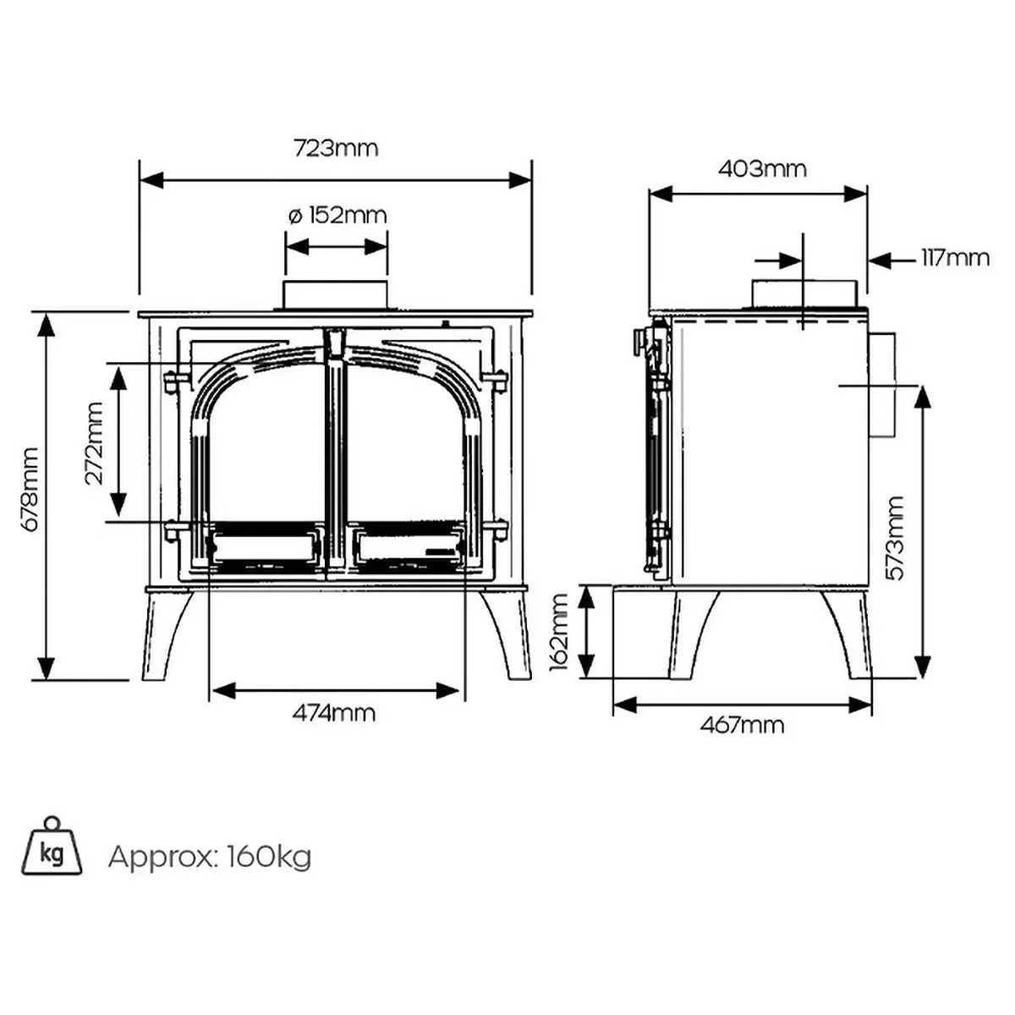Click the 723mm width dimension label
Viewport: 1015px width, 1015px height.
tap(336, 149)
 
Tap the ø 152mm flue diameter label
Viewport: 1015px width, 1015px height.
tap(337, 215)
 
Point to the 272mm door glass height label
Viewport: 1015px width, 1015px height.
tap(94, 442)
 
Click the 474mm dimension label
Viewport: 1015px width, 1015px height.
tap(334, 713)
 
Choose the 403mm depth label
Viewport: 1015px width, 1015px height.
tap(762, 169)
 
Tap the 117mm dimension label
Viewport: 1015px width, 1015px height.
tap(955, 257)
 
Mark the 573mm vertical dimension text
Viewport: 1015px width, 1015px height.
tap(896, 538)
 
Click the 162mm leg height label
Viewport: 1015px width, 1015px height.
tap(560, 632)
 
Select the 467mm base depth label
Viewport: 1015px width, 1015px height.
tap(742, 725)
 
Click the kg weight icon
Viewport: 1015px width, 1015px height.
tap(52, 849)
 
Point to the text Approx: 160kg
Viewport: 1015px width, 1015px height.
tap(210, 857)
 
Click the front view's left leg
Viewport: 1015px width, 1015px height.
tap(165, 634)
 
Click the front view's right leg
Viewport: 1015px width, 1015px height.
tap(507, 634)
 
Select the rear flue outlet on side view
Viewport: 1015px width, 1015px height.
tap(882, 385)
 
